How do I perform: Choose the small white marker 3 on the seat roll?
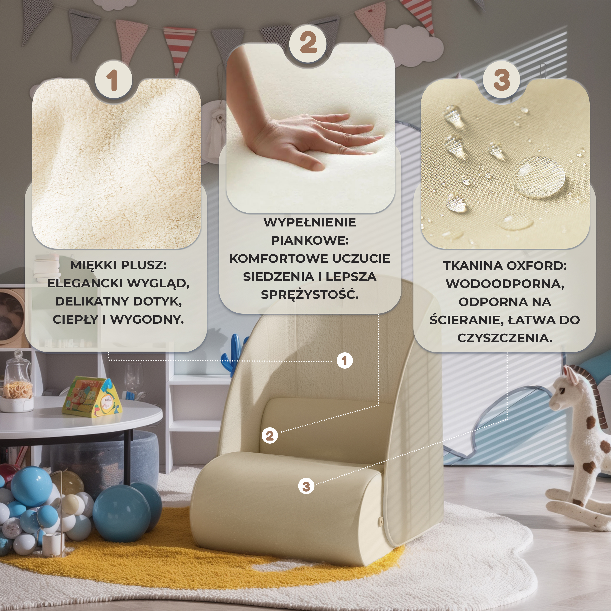[x=306, y=486]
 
